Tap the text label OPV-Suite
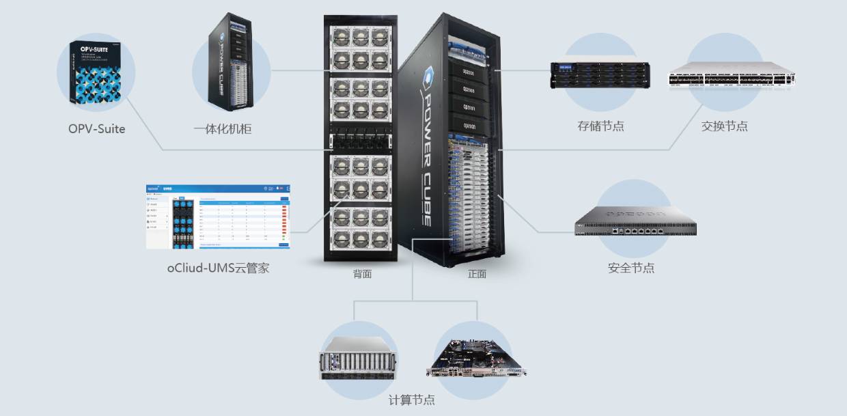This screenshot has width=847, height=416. pyautogui.click(x=97, y=128)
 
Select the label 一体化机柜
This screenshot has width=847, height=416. pyautogui.click(x=223, y=128)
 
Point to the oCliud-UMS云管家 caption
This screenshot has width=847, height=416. pyautogui.click(x=219, y=268)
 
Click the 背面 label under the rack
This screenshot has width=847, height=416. pyautogui.click(x=362, y=274)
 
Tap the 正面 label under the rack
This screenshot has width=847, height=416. pyautogui.click(x=477, y=274)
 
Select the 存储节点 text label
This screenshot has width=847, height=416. pyautogui.click(x=600, y=126)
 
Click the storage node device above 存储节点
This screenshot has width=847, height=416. pyautogui.click(x=600, y=76)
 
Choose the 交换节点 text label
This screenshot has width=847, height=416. pyautogui.click(x=724, y=126)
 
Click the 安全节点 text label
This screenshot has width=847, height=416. pyautogui.click(x=631, y=268)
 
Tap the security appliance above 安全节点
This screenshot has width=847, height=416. pyautogui.click(x=635, y=220)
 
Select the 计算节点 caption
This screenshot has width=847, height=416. pyautogui.click(x=412, y=400)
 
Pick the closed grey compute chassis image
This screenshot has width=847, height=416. pyautogui.click(x=357, y=359)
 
